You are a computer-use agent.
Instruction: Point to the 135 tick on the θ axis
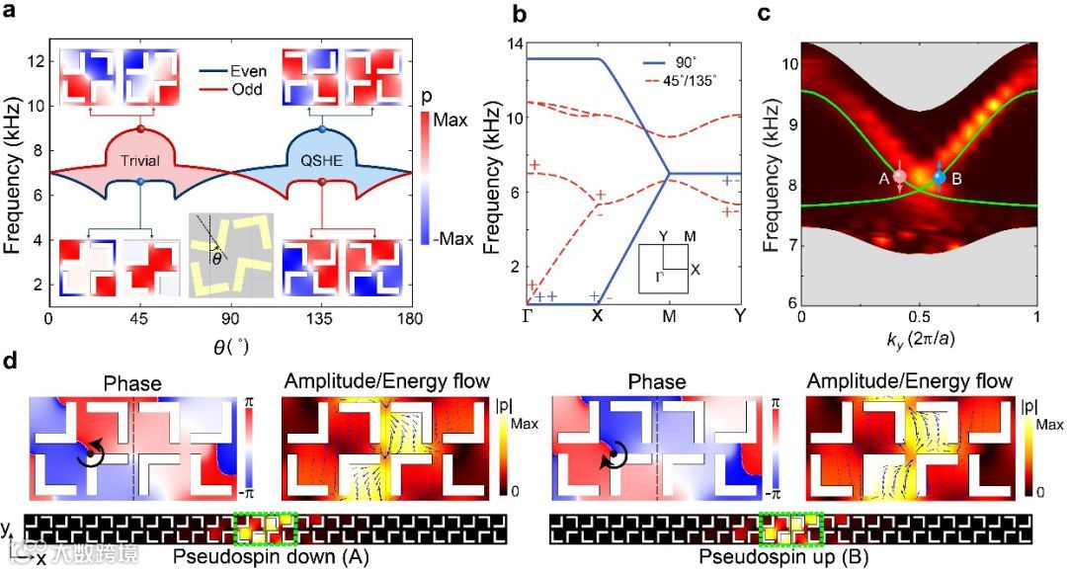pyautogui.click(x=320, y=320)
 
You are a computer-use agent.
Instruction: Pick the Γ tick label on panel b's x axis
pyautogui.click(x=527, y=319)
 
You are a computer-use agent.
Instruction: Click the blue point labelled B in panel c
pyautogui.click(x=940, y=177)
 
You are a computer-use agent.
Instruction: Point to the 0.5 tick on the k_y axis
pyautogui.click(x=919, y=318)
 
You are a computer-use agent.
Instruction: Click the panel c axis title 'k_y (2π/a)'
pyautogui.click(x=919, y=340)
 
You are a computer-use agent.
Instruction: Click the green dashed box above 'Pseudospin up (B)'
pyautogui.click(x=792, y=529)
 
